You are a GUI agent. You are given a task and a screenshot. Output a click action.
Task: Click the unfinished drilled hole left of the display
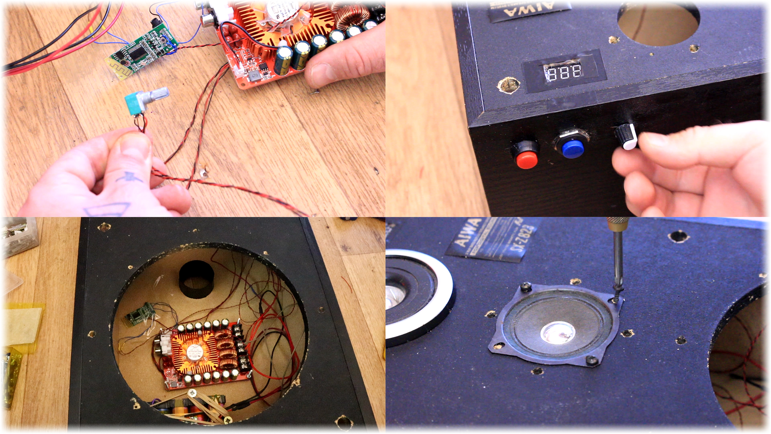[508, 85]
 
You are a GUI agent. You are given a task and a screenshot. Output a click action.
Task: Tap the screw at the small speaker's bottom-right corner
[591, 360]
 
